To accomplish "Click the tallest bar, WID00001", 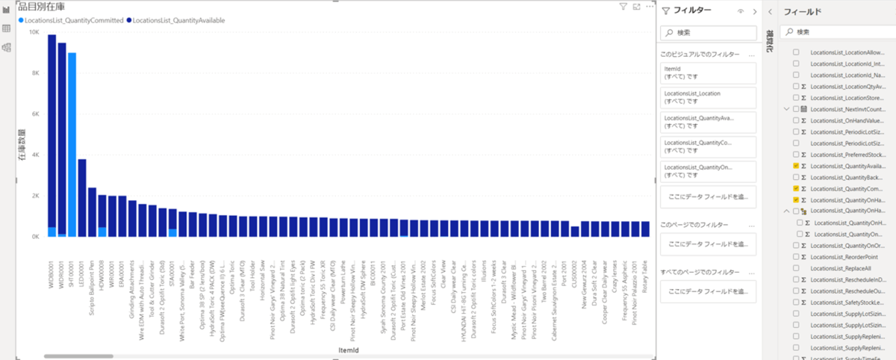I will click(x=52, y=134).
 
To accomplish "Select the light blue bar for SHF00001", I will click(x=72, y=142).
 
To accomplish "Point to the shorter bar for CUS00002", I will click(x=575, y=232).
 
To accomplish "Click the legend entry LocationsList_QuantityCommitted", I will click(x=73, y=20).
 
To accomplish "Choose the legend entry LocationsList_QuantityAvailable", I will click(x=179, y=20).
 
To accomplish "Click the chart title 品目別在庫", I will click(x=42, y=7).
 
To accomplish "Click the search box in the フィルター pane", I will click(x=708, y=33).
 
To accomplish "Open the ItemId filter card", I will click(x=708, y=72).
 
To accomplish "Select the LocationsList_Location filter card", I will click(x=708, y=98).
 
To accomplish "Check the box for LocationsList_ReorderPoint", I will click(x=796, y=256).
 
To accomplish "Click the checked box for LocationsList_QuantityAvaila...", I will click(x=796, y=166).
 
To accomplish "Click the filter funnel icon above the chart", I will click(x=623, y=7).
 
